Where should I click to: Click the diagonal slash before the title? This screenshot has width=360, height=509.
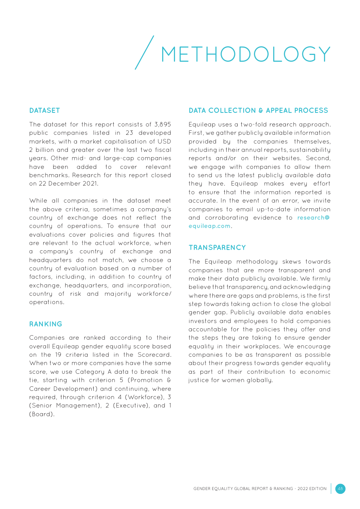144,53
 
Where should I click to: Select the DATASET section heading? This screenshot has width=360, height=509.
44,111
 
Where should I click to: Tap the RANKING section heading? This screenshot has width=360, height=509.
45,324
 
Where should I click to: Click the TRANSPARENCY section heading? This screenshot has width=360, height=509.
217,248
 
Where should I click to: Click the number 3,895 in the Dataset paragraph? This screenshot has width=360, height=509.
163,125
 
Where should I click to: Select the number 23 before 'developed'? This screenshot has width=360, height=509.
129,133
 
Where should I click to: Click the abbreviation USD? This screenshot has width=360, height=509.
164,142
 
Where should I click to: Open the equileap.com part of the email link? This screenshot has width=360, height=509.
210,226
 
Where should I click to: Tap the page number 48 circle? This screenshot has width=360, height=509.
340,489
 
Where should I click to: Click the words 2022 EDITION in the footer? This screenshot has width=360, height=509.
312,489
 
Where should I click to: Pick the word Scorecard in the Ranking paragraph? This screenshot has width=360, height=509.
154,355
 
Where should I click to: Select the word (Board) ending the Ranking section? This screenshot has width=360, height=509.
42,414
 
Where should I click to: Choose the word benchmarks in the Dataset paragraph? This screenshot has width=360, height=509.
49,175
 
